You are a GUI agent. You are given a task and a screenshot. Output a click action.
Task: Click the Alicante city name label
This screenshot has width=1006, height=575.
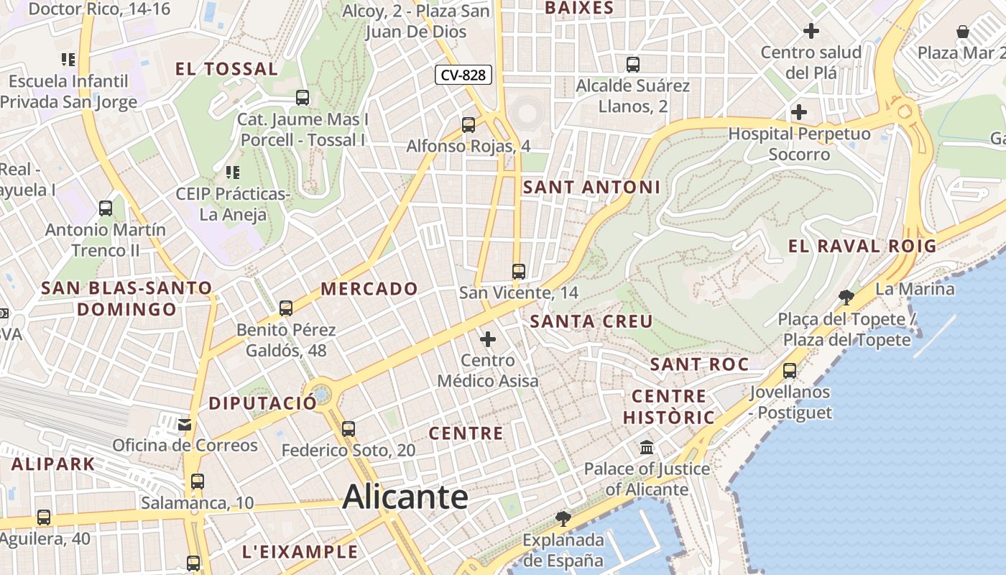pyautogui.click(x=406, y=497)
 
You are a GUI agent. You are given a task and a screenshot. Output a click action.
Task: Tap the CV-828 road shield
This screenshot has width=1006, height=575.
pyautogui.click(x=463, y=74)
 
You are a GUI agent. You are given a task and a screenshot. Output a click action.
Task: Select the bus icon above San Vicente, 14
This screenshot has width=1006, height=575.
pyautogui.click(x=519, y=271)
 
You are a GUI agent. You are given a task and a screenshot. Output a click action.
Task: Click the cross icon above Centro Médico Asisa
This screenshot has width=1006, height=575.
pyautogui.click(x=488, y=339)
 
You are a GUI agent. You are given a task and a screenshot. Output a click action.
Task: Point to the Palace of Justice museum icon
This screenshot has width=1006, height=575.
pyautogui.click(x=647, y=447)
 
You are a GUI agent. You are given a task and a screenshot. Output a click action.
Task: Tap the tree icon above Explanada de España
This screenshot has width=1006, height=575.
pyautogui.click(x=563, y=518)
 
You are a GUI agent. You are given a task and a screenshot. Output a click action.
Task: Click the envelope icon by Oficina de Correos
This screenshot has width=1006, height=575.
pyautogui.click(x=185, y=424)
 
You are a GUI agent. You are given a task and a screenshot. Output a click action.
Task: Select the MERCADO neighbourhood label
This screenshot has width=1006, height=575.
pyautogui.click(x=369, y=289)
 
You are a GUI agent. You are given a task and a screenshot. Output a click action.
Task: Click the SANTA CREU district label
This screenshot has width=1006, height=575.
pyautogui.click(x=591, y=321)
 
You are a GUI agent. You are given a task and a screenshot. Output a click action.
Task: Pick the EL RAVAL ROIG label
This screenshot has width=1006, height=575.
pyautogui.click(x=862, y=246)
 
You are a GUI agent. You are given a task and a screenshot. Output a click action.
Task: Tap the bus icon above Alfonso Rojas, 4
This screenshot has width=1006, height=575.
pyautogui.click(x=469, y=124)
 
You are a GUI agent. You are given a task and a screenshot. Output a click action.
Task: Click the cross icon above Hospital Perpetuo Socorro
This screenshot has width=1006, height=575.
pyautogui.click(x=799, y=112)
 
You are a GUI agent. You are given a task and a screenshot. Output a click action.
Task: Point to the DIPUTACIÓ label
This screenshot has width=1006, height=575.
pyautogui.click(x=262, y=403)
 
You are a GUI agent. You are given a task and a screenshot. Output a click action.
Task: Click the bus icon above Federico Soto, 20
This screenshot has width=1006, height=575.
pyautogui.click(x=349, y=428)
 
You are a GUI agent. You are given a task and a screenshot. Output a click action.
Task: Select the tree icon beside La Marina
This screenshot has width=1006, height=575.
pyautogui.click(x=846, y=297)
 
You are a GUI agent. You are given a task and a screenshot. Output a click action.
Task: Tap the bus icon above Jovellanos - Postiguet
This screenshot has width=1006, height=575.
pyautogui.click(x=790, y=370)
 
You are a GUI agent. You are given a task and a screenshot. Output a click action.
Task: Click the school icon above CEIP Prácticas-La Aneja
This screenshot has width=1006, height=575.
pyautogui.click(x=232, y=172)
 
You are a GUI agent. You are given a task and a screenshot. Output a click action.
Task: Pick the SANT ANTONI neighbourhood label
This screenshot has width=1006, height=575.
pyautogui.click(x=591, y=187)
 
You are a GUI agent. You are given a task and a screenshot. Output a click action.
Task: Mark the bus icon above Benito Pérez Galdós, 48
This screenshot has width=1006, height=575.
pyautogui.click(x=286, y=308)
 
